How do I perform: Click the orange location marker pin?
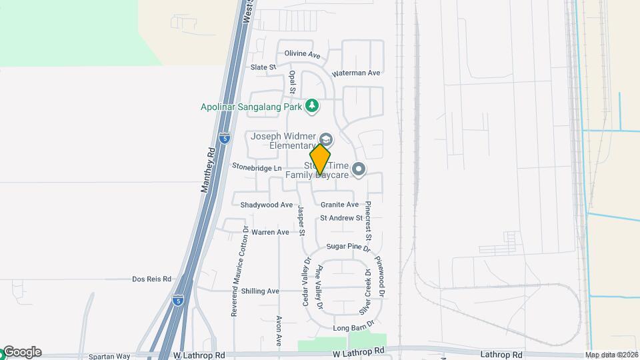(x=320, y=159)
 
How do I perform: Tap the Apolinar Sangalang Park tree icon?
(x=311, y=106)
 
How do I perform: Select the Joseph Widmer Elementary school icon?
(x=325, y=139)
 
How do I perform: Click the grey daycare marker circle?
(x=359, y=170)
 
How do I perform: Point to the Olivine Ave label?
(x=303, y=54)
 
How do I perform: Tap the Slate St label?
(x=263, y=67)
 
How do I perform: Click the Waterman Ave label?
(x=356, y=73)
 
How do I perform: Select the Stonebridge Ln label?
(x=257, y=166)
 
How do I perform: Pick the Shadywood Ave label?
(x=267, y=205)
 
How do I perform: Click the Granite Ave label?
(x=339, y=205)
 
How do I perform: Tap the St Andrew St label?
(x=341, y=218)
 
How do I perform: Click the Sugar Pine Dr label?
(x=347, y=247)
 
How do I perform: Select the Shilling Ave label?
(x=260, y=291)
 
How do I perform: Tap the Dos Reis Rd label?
(x=151, y=279)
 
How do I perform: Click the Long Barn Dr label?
(x=351, y=328)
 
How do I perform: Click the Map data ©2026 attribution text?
(x=611, y=355)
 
